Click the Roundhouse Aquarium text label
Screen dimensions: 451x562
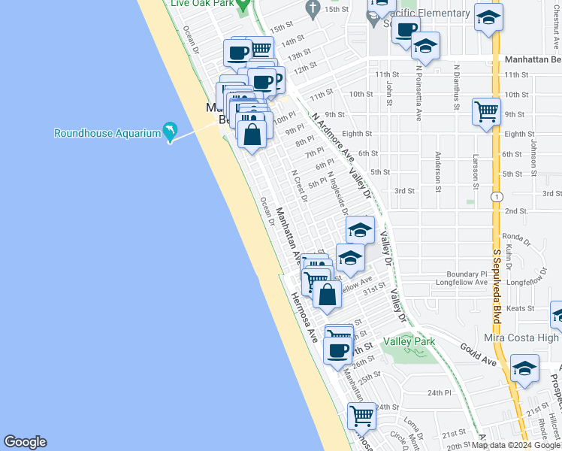pos(107,134)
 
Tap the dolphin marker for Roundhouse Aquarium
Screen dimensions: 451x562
pos(171,132)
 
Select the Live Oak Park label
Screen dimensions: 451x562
pos(201,3)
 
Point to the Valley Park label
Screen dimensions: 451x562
pos(409,341)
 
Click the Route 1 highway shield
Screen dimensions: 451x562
pos(496,196)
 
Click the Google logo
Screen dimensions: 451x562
pos(25,442)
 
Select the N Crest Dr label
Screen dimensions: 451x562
pos(300,186)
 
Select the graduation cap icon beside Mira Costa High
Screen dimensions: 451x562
pos(524,368)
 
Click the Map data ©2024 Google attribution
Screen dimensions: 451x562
pos(515,445)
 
